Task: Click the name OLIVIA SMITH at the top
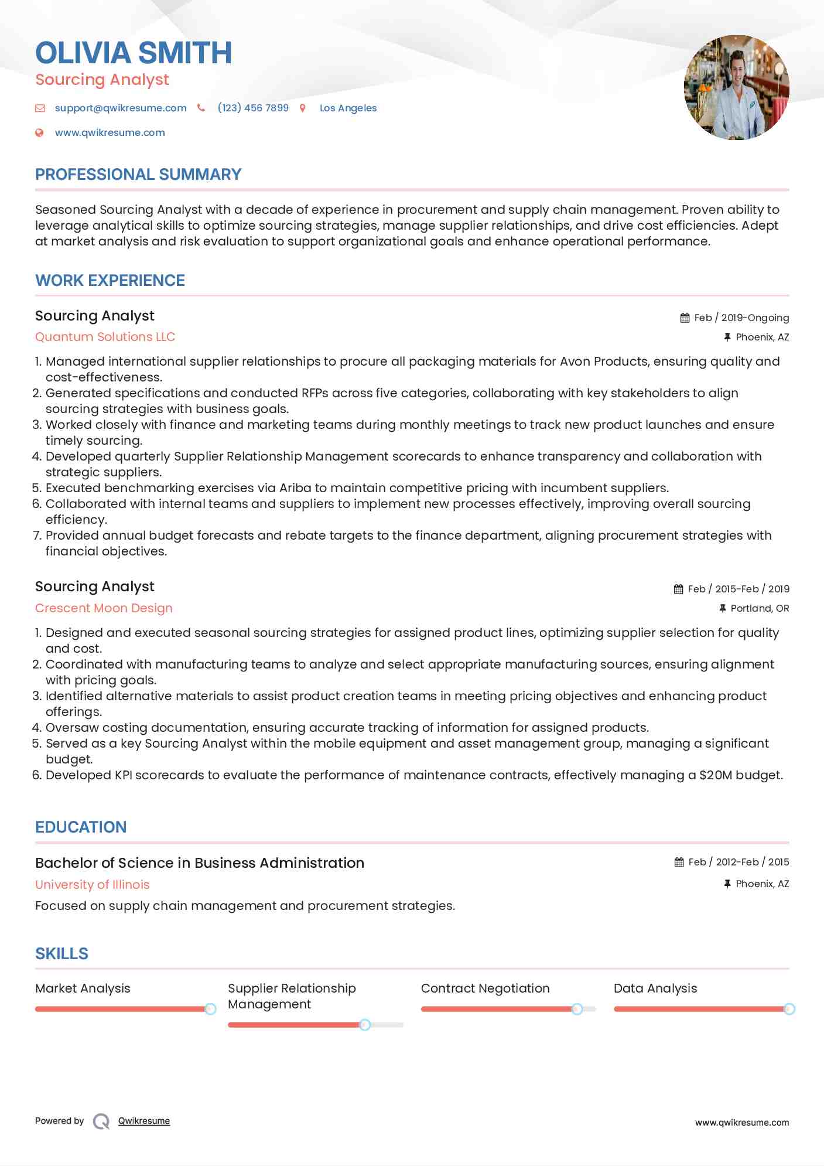[134, 53]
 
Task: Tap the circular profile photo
[736, 87]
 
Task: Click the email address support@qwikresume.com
[121, 108]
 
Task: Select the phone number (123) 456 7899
[253, 108]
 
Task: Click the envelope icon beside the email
[40, 108]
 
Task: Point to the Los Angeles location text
[348, 108]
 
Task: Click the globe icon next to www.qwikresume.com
[39, 132]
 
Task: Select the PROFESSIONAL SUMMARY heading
[138, 175]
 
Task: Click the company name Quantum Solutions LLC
[105, 337]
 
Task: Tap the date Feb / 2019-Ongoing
[741, 318]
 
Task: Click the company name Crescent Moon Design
[104, 608]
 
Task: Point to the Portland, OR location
[760, 608]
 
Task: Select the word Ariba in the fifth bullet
[295, 488]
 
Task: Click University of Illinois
[92, 885]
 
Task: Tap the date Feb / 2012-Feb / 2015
[738, 862]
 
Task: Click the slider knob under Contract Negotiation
[577, 1009]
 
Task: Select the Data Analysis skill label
[655, 988]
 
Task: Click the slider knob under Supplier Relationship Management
[365, 1025]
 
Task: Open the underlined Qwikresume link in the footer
[143, 1121]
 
